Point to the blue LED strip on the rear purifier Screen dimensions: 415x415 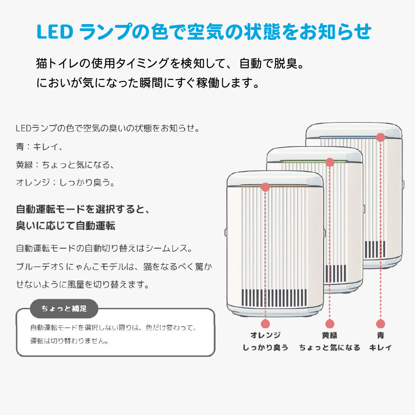click(353, 136)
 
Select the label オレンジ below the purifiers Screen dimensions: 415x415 click(266, 335)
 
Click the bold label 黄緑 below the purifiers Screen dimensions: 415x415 click(330, 335)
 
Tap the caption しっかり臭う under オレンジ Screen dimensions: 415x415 click(266, 348)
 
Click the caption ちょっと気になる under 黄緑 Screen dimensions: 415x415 click(330, 348)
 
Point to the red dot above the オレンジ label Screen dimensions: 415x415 click(266, 323)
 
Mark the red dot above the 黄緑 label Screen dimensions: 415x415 click(330, 323)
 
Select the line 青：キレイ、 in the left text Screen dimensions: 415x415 click(39, 146)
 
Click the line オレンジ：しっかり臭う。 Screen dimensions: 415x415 click(65, 182)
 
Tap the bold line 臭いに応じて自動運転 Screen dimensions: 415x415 click(65, 226)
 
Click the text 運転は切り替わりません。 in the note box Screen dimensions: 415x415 click(70, 341)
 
